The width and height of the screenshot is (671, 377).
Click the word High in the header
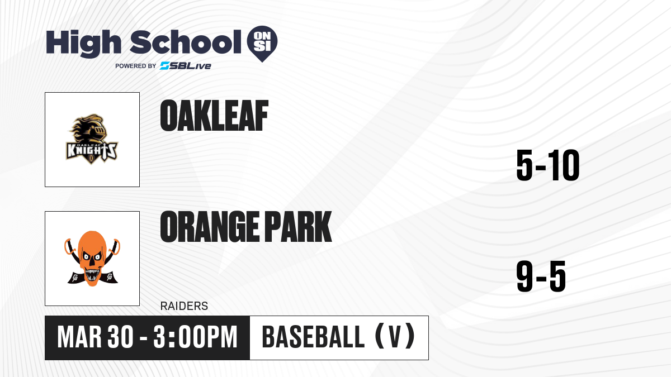point(84,44)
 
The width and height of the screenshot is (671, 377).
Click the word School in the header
point(186,42)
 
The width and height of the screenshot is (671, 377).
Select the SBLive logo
point(186,66)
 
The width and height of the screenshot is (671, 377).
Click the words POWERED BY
point(136,66)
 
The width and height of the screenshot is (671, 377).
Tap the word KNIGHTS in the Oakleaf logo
point(92,150)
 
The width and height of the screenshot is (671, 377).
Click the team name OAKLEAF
point(214,116)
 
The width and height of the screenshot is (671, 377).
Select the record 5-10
point(548,165)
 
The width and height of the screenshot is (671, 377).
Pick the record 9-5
point(541,276)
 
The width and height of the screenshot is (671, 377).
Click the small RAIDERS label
point(184,306)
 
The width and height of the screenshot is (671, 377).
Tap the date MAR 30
point(95,337)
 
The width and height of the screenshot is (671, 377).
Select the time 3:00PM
point(195,337)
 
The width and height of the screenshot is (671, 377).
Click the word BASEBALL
point(313,337)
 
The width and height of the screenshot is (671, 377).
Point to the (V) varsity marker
point(395,337)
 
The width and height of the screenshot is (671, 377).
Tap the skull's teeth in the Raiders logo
point(92,274)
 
